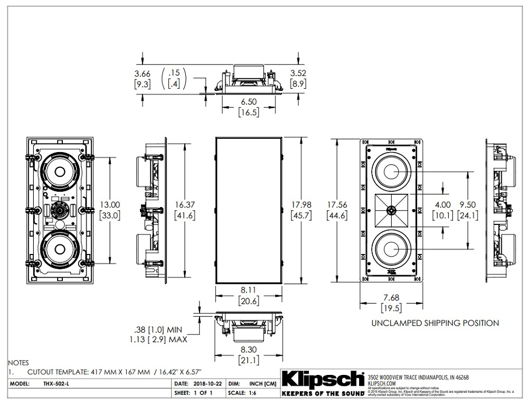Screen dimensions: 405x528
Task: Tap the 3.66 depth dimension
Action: click(143, 73)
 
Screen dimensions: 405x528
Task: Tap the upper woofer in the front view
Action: click(391, 172)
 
